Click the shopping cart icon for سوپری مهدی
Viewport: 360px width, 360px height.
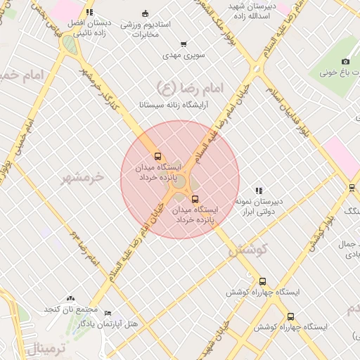point(184,44)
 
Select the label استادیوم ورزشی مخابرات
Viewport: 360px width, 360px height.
point(146,29)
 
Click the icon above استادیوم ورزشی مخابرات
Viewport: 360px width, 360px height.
point(146,13)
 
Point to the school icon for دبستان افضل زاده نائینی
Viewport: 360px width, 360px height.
point(89,12)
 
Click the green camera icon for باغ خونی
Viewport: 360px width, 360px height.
point(345,61)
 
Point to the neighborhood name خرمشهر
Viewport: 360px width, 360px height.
point(82,177)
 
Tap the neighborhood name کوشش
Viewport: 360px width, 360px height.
point(250,250)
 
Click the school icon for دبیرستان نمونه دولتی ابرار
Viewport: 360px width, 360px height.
point(259,190)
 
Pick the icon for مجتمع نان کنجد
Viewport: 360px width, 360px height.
point(70,299)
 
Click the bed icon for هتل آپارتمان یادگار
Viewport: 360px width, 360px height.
point(108,313)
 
